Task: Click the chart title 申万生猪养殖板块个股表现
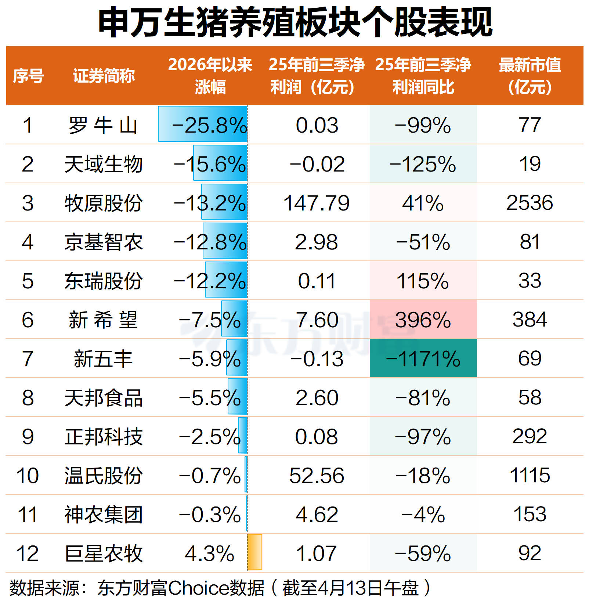tap(295, 23)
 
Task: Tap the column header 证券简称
tap(104, 76)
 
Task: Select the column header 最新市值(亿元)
tap(530, 76)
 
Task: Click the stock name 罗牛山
tap(103, 125)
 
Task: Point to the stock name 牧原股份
tap(104, 203)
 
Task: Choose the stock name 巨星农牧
tap(104, 554)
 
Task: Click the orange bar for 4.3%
tap(255, 552)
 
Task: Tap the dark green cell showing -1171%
tap(423, 358)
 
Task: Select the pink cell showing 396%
tap(423, 320)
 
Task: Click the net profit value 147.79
tap(317, 203)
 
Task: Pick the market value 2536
tap(530, 203)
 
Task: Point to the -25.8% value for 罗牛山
tap(209, 125)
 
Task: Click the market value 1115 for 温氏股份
tap(530, 475)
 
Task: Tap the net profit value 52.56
tap(317, 476)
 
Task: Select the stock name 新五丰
tap(103, 359)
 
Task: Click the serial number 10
tap(28, 476)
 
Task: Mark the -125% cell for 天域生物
tap(423, 164)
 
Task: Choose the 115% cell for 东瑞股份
tap(423, 281)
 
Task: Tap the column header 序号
tap(28, 76)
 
